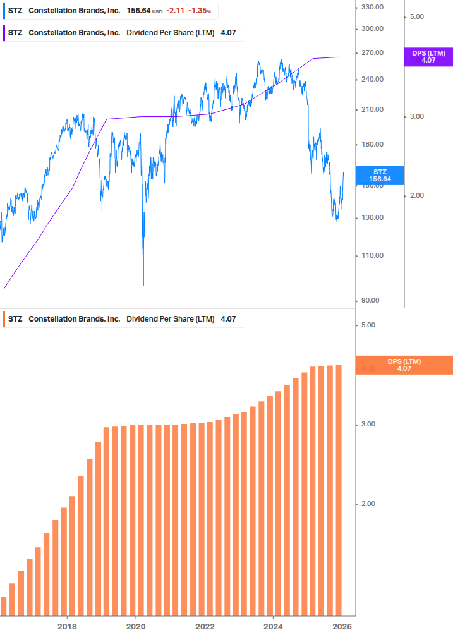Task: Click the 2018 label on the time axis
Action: click(x=67, y=626)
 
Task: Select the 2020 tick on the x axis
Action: click(x=136, y=626)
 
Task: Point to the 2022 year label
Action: click(x=205, y=626)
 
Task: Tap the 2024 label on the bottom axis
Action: click(x=273, y=626)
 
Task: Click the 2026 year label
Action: click(x=342, y=626)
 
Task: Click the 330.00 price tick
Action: click(x=371, y=7)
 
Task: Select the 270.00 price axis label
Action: click(x=371, y=52)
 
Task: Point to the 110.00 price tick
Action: click(x=371, y=255)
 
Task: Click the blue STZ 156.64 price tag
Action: click(x=380, y=175)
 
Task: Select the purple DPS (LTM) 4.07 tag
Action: click(x=428, y=57)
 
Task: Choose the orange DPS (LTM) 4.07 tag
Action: click(x=404, y=365)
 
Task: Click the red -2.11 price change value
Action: click(x=175, y=11)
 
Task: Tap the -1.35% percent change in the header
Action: click(x=200, y=11)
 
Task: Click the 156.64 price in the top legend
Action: click(x=138, y=11)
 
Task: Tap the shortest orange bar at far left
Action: click(x=3, y=606)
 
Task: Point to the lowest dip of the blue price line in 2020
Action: click(x=143, y=285)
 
